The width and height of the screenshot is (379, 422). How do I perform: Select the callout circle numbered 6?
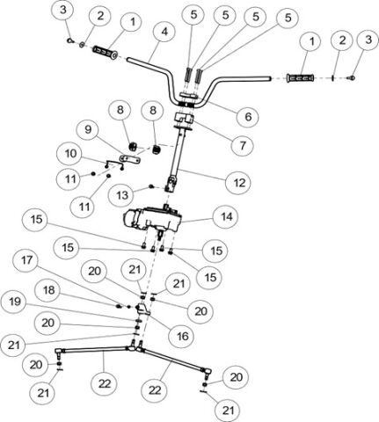[248, 115]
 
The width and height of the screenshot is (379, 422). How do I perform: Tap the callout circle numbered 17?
[27, 261]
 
